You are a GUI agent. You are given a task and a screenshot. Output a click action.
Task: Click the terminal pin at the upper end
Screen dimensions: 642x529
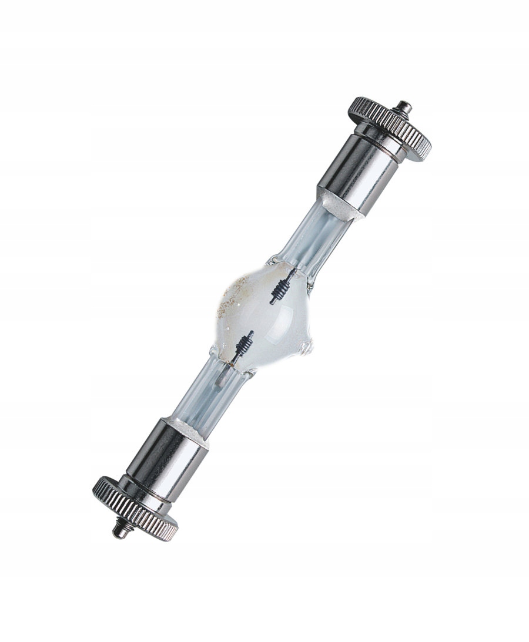pos(403,107)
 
